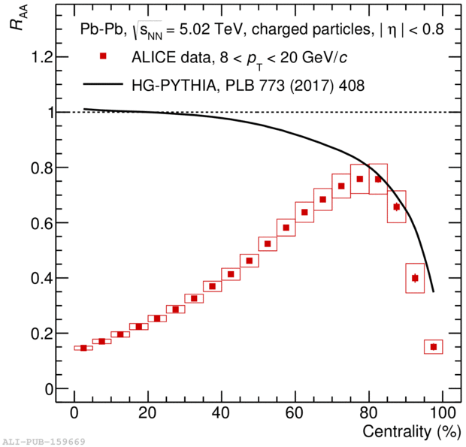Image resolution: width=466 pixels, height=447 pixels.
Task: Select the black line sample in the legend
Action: click(x=104, y=85)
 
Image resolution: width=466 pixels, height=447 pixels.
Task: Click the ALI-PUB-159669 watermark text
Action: click(x=44, y=442)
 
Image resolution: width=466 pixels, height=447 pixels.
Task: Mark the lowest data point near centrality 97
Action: click(x=433, y=346)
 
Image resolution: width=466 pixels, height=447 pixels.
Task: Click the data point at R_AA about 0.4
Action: click(x=415, y=278)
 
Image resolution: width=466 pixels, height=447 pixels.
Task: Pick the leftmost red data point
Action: click(x=83, y=348)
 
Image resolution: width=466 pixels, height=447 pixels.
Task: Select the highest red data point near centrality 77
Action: click(x=360, y=179)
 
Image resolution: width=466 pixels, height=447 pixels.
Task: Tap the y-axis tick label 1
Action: click(x=44, y=112)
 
